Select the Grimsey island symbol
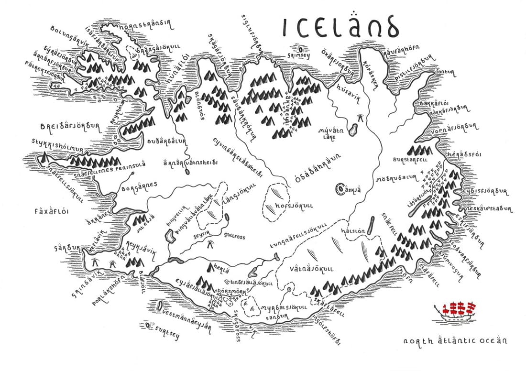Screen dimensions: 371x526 point(300,49)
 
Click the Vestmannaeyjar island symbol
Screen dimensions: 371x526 point(158,306)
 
